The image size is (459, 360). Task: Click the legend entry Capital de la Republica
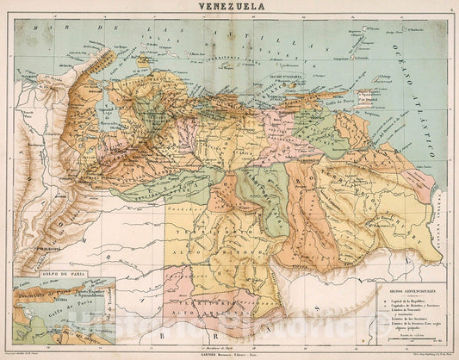(x=412, y=301)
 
